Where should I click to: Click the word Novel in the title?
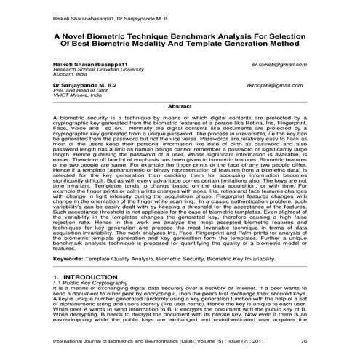click(x=84, y=33)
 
